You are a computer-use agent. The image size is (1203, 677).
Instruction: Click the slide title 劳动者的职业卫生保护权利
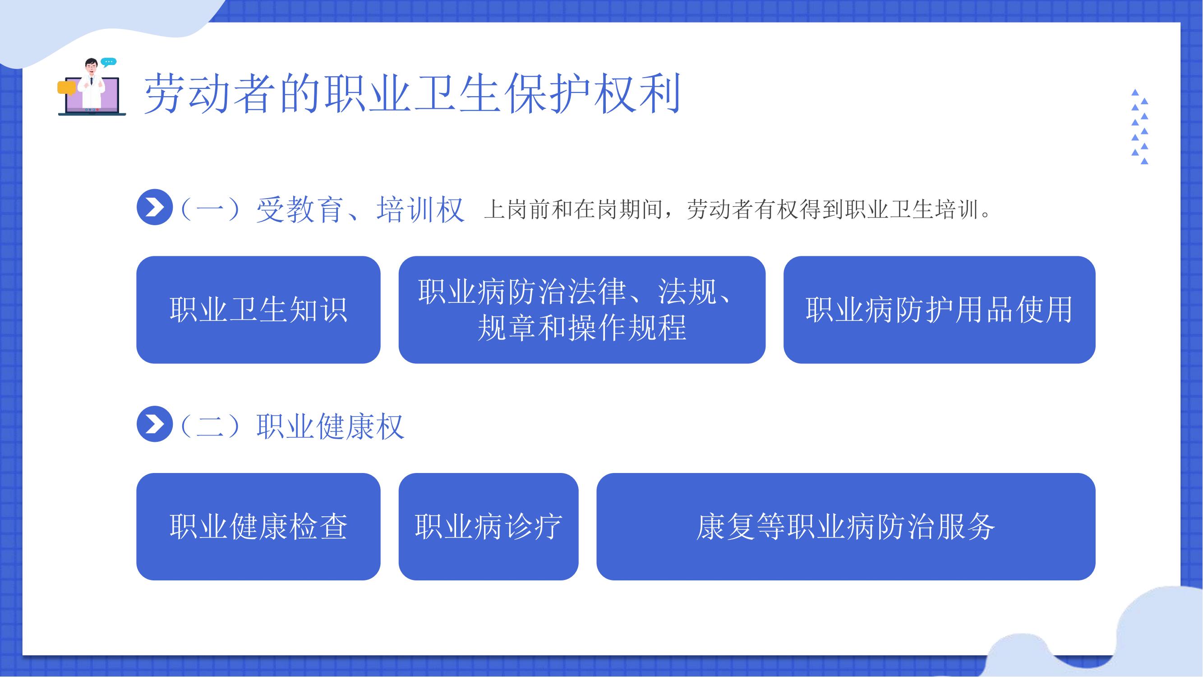coord(412,93)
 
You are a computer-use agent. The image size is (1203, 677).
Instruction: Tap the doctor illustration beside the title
coord(92,87)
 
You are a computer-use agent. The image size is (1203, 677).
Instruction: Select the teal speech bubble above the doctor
coord(108,62)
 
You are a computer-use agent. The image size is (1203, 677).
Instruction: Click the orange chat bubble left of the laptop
coord(66,88)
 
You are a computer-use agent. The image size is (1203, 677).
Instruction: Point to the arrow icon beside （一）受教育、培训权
coord(155,207)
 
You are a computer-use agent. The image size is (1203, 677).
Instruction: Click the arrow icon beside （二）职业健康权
coord(155,424)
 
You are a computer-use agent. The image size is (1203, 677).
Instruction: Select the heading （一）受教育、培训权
coord(322,209)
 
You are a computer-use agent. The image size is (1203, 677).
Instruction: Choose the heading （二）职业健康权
coord(292,426)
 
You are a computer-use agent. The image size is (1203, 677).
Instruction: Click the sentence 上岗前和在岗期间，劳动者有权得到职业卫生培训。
coord(738,210)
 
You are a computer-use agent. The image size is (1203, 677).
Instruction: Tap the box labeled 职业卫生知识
coord(258,309)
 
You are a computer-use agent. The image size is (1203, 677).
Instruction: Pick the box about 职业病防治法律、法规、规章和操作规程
coord(582,309)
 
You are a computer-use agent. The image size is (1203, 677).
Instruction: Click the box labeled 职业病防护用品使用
coord(939,309)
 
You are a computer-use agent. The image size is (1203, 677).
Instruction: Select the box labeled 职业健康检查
coord(258,527)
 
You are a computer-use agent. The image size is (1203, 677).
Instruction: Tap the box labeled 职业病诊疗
coord(489,527)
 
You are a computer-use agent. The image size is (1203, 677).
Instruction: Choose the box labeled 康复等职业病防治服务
coord(846,527)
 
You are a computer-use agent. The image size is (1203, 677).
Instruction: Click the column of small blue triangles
coord(1139,127)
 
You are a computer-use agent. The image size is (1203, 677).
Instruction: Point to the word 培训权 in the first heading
coord(420,209)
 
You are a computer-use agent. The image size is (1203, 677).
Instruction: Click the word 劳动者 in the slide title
coord(209,93)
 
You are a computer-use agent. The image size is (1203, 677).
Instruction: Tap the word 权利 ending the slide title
coord(638,93)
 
